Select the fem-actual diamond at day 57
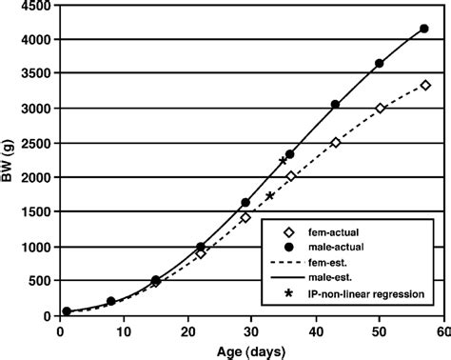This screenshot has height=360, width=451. coord(424,86)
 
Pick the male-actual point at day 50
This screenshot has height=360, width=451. coord(380,63)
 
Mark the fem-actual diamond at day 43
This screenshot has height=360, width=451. coord(335,143)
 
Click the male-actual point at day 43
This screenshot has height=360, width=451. coord(335,105)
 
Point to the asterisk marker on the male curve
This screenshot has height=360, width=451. coord(283,161)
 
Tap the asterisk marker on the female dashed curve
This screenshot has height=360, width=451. coord(270,196)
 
